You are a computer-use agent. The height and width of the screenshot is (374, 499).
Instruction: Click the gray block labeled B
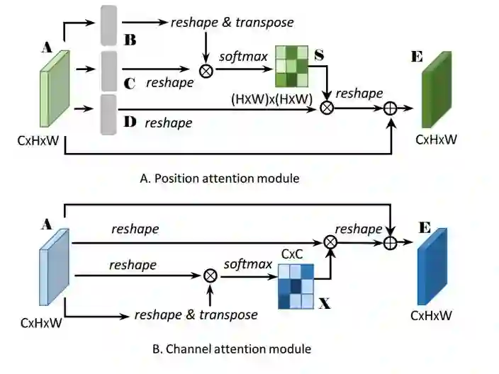tap(108, 25)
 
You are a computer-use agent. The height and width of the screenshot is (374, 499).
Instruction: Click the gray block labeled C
tap(108, 71)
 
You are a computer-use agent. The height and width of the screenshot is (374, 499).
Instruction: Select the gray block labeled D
tap(108, 115)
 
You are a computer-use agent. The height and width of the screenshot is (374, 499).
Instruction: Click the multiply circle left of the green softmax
tap(206, 71)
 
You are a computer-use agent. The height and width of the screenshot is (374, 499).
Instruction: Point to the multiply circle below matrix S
tap(327, 108)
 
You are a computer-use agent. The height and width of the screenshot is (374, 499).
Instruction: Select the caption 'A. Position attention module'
tap(220, 178)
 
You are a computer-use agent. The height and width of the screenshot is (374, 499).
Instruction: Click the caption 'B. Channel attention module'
tap(222, 348)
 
